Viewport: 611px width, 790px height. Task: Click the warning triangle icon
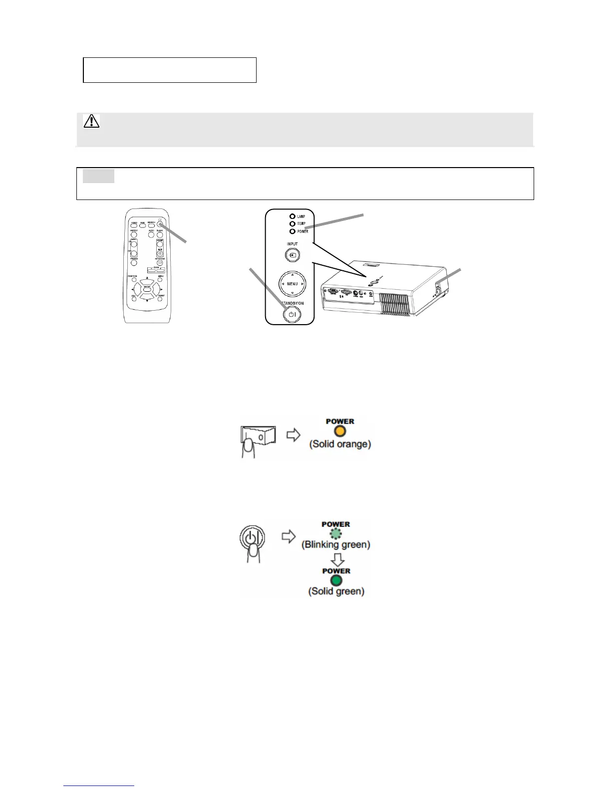(91, 121)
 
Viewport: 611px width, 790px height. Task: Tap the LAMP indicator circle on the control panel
(292, 216)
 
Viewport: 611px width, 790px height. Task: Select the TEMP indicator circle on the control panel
(292, 224)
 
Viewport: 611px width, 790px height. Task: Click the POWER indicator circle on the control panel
(292, 231)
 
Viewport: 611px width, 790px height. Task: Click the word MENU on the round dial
(293, 284)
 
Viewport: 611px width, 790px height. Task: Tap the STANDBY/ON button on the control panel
(292, 314)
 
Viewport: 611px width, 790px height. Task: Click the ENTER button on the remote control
(147, 288)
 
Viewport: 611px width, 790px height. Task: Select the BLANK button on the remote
(160, 234)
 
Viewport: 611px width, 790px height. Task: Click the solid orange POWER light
(340, 431)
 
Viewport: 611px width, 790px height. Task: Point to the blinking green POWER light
(336, 534)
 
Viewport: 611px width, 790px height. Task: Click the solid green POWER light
(336, 581)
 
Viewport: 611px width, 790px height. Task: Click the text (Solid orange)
(340, 444)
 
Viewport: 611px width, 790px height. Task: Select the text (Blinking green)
(336, 545)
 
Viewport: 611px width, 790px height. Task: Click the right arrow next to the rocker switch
(294, 435)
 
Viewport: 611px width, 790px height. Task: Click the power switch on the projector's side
(438, 289)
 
